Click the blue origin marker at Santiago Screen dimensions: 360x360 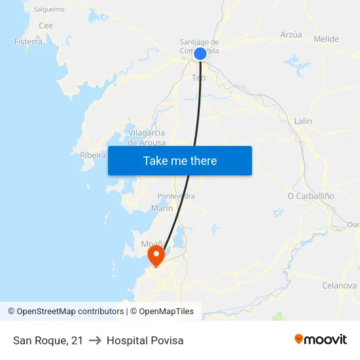click(x=200, y=53)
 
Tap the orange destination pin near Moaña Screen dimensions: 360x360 click(x=156, y=255)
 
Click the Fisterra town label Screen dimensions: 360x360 click(x=28, y=42)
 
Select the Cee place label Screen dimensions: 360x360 click(x=46, y=26)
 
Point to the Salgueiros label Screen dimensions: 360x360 click(x=49, y=10)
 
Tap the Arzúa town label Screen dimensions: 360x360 click(x=291, y=35)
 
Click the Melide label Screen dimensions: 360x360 click(x=326, y=39)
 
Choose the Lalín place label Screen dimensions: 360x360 click(x=303, y=121)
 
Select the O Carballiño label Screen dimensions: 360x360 click(x=311, y=196)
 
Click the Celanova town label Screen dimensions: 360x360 click(x=339, y=286)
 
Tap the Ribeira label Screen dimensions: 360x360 click(x=93, y=156)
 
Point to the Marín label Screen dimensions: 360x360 click(x=162, y=208)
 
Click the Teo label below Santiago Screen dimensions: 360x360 click(x=198, y=78)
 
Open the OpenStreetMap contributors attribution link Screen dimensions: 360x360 click(x=65, y=312)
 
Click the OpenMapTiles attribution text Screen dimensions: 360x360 click(x=162, y=312)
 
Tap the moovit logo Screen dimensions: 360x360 click(x=320, y=340)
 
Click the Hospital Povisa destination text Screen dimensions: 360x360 click(x=145, y=340)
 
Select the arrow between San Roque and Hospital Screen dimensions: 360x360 click(x=95, y=340)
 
